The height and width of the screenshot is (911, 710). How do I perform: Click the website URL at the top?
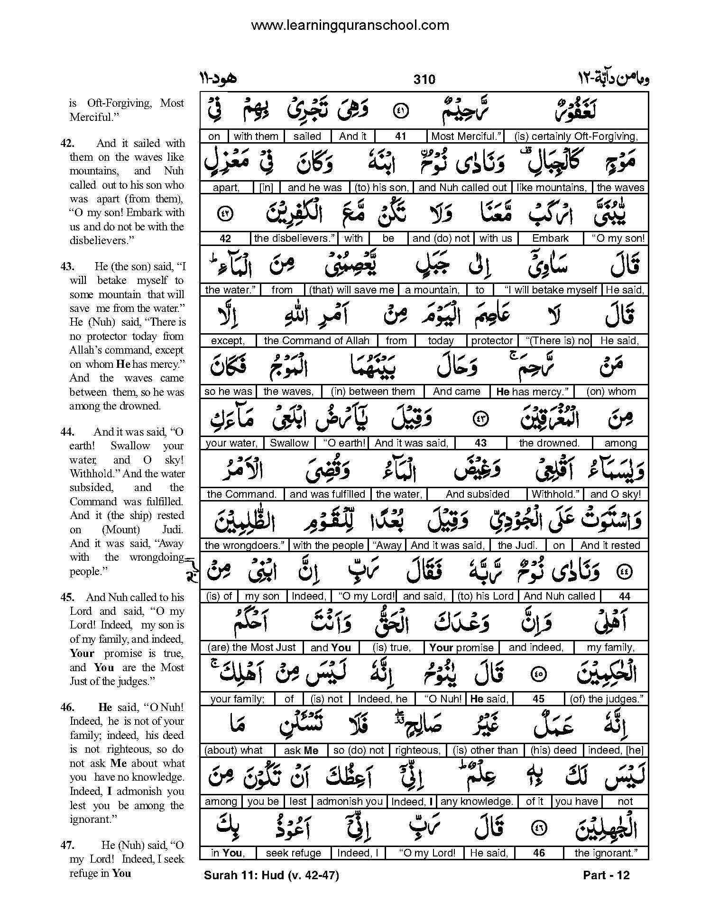[350, 25]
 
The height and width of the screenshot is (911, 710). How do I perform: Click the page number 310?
[424, 79]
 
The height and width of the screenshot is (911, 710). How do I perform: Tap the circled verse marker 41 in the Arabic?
[401, 111]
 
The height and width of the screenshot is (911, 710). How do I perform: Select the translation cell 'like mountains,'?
[552, 188]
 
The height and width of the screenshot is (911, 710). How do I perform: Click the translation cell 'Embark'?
[550, 238]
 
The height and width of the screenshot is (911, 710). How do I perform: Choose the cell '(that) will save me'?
[351, 290]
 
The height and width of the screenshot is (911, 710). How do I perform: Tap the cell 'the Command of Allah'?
[316, 341]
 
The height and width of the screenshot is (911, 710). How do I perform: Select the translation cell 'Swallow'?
[289, 443]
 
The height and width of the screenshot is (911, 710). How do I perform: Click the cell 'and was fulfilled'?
[327, 494]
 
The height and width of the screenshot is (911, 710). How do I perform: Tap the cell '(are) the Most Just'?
[251, 647]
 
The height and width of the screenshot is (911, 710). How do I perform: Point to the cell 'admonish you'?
[350, 802]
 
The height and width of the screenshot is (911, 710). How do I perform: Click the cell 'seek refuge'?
[294, 853]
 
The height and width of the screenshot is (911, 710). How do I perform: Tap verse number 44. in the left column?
[68, 432]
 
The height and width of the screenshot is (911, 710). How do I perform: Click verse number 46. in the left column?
[68, 707]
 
